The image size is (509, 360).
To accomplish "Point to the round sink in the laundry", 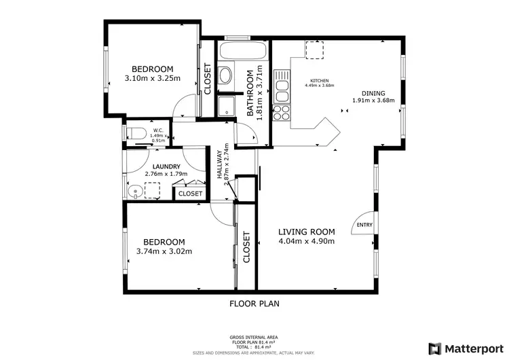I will point(135,191).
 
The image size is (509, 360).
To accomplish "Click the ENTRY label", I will point(364,225).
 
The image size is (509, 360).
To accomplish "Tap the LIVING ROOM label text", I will point(306,232).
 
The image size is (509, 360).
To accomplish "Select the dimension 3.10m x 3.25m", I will point(153,78).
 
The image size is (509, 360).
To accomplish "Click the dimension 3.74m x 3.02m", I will point(164,251).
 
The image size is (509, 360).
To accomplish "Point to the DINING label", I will point(373,94).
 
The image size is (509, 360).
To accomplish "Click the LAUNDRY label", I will point(166,166).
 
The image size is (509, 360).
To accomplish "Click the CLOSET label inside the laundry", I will point(191,194).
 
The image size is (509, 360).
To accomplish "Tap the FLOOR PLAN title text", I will point(254,304).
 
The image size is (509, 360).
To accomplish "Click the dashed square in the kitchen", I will point(314,50).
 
